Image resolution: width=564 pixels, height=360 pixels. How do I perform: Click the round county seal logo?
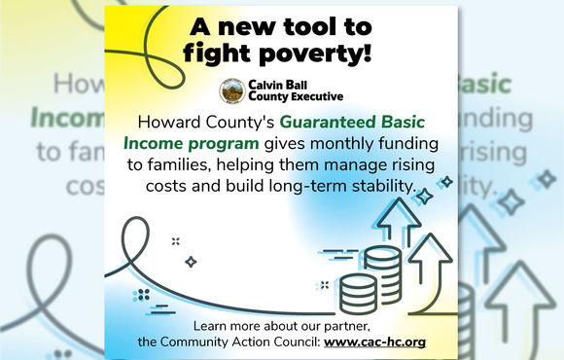(x=231, y=90)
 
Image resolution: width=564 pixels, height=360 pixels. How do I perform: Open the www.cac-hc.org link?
(x=374, y=342)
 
